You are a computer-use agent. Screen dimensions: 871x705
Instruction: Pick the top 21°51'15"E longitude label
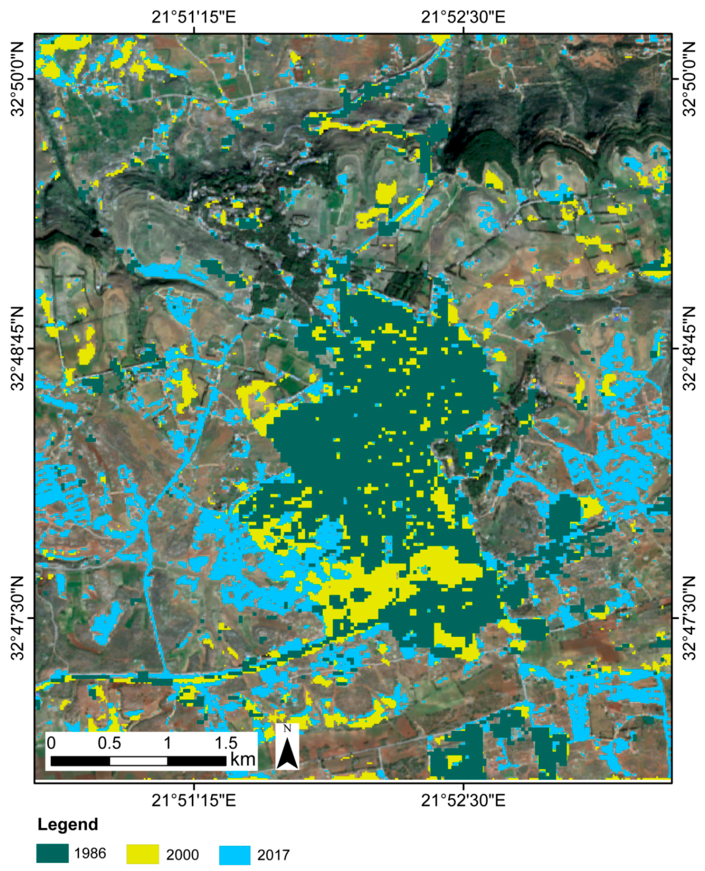click(x=194, y=17)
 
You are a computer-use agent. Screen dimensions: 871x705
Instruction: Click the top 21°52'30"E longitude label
click(x=463, y=17)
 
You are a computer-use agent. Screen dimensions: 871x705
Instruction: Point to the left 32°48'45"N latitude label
click(x=18, y=348)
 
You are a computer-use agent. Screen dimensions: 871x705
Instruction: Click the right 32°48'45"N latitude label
click(x=689, y=348)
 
